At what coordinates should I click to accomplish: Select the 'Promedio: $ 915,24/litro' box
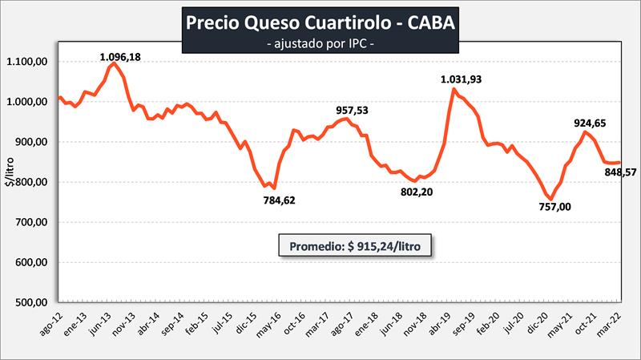(356, 245)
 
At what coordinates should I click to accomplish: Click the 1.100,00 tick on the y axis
(29, 62)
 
